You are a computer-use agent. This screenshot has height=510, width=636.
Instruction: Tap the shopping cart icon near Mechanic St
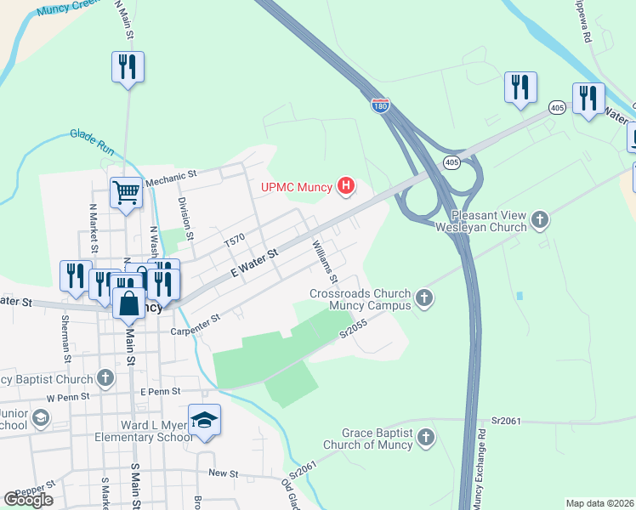click(126, 192)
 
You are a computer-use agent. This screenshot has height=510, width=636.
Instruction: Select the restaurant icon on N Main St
click(128, 66)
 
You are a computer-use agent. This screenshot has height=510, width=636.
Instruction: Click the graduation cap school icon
click(204, 420)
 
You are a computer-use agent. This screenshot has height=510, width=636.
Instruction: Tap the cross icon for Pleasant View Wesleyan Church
click(538, 221)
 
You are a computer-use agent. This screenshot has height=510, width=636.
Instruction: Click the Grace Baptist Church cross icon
click(426, 438)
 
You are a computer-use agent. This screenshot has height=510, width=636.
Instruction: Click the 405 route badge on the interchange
click(451, 161)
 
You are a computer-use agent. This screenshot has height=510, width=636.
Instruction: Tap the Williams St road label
click(326, 262)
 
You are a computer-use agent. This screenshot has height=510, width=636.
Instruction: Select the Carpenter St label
click(196, 324)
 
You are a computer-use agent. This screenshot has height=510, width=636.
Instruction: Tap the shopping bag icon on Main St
click(128, 303)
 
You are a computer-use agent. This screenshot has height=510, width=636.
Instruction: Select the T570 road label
click(235, 241)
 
